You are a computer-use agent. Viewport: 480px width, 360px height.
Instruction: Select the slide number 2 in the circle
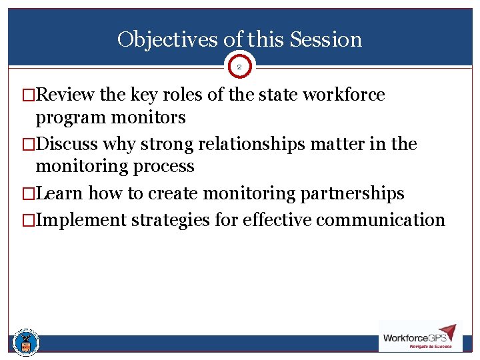pyautogui.click(x=240, y=67)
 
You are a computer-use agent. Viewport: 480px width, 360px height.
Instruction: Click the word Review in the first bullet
pyautogui.click(x=66, y=95)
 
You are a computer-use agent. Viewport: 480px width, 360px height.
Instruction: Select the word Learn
pyautogui.click(x=59, y=193)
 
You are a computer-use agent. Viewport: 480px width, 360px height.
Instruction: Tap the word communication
pyautogui.click(x=380, y=220)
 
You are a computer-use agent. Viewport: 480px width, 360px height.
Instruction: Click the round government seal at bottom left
pyautogui.click(x=26, y=343)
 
